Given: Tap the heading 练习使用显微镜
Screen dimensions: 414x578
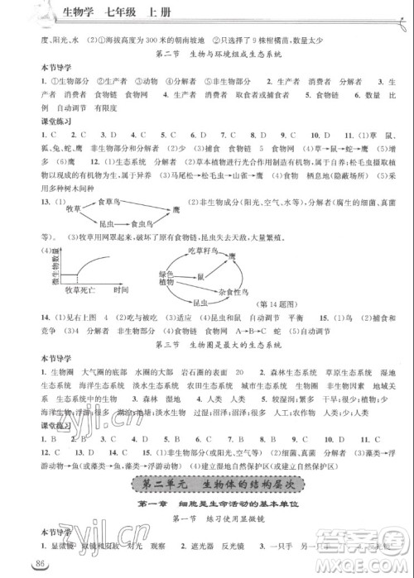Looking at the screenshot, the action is pyautogui.click(x=218, y=518).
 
